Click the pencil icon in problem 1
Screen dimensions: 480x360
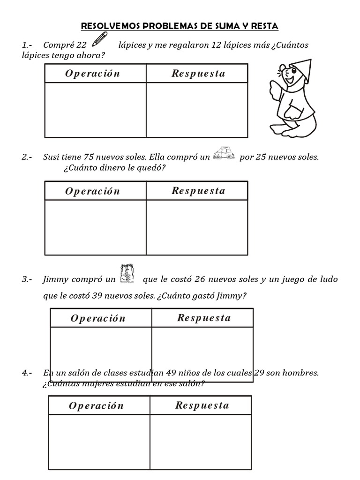(x=100, y=39)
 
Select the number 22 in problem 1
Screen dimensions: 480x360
(x=81, y=45)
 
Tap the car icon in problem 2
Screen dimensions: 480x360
(x=224, y=155)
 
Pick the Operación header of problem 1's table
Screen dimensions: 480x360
(x=93, y=74)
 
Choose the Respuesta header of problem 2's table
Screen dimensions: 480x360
(x=198, y=191)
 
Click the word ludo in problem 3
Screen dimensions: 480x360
(x=330, y=279)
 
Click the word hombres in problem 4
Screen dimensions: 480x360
(x=303, y=373)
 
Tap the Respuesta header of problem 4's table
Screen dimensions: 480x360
(x=202, y=405)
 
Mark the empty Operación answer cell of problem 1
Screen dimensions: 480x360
(x=95, y=110)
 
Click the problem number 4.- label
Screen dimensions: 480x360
(x=27, y=373)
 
